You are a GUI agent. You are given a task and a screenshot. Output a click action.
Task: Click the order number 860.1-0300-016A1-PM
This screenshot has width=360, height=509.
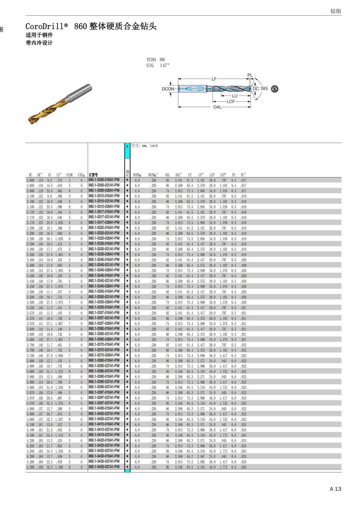[x=104, y=180]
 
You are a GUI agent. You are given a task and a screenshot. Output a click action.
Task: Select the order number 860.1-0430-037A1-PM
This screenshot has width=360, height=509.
[x=104, y=467]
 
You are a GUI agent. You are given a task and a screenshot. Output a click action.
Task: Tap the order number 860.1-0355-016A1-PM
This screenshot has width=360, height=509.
[x=104, y=307]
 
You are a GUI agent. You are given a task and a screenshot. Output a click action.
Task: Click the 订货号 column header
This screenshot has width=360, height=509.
[x=93, y=175]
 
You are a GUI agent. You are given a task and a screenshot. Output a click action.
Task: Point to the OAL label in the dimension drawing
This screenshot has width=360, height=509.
[x=217, y=107]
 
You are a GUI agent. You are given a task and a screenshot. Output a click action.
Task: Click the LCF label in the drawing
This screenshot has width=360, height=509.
[x=231, y=102]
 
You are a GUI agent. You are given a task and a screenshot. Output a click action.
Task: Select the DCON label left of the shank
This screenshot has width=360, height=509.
[x=168, y=89]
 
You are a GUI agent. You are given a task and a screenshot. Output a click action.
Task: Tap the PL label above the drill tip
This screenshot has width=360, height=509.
[x=250, y=75]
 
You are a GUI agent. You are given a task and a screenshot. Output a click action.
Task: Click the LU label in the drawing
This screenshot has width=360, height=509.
[x=235, y=96]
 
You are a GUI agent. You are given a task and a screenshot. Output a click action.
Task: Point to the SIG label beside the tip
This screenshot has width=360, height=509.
[x=264, y=88]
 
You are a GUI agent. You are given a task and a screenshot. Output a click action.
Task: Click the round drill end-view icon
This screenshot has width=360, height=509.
[x=274, y=89]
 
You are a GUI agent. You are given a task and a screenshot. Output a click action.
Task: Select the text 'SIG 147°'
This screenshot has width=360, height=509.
[x=158, y=65]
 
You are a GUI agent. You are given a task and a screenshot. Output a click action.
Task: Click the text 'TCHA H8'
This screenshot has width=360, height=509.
[x=155, y=59]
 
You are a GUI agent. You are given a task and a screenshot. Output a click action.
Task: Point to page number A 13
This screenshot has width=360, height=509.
[x=335, y=489]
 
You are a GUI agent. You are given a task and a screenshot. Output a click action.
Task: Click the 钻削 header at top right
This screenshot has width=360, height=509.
[x=336, y=11]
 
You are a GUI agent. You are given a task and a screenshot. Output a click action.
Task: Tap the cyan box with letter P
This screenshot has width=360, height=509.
[x=127, y=146]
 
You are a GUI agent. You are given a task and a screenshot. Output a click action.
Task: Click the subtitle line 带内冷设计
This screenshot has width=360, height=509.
[x=39, y=43]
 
